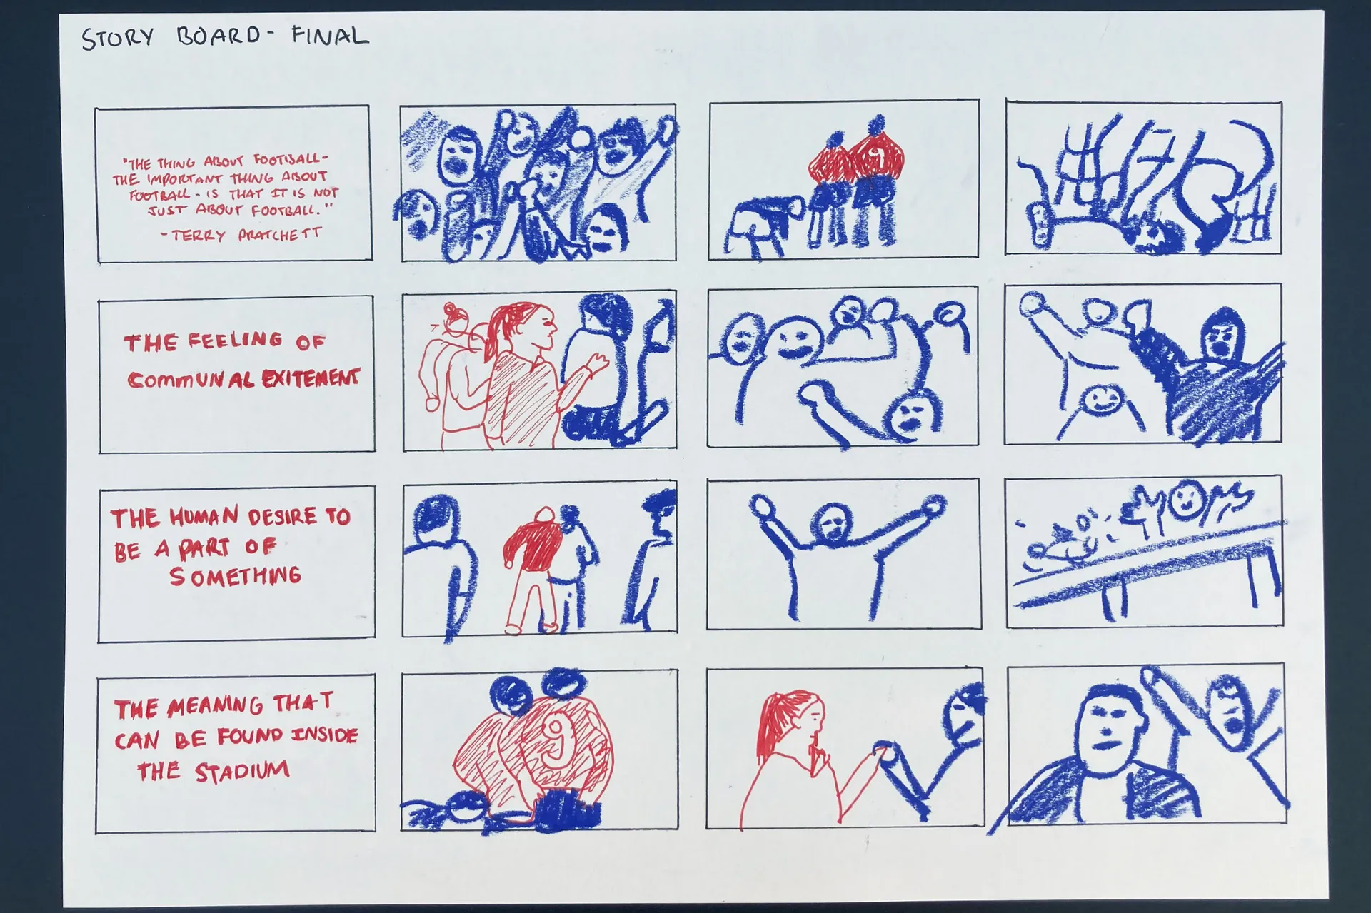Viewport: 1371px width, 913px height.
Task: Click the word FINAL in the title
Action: pos(330,35)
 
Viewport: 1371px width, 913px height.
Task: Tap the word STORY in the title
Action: pos(118,38)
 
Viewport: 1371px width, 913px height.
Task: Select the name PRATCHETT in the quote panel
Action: pos(280,234)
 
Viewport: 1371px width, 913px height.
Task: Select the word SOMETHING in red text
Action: pos(235,575)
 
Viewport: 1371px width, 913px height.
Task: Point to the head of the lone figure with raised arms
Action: pos(833,525)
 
